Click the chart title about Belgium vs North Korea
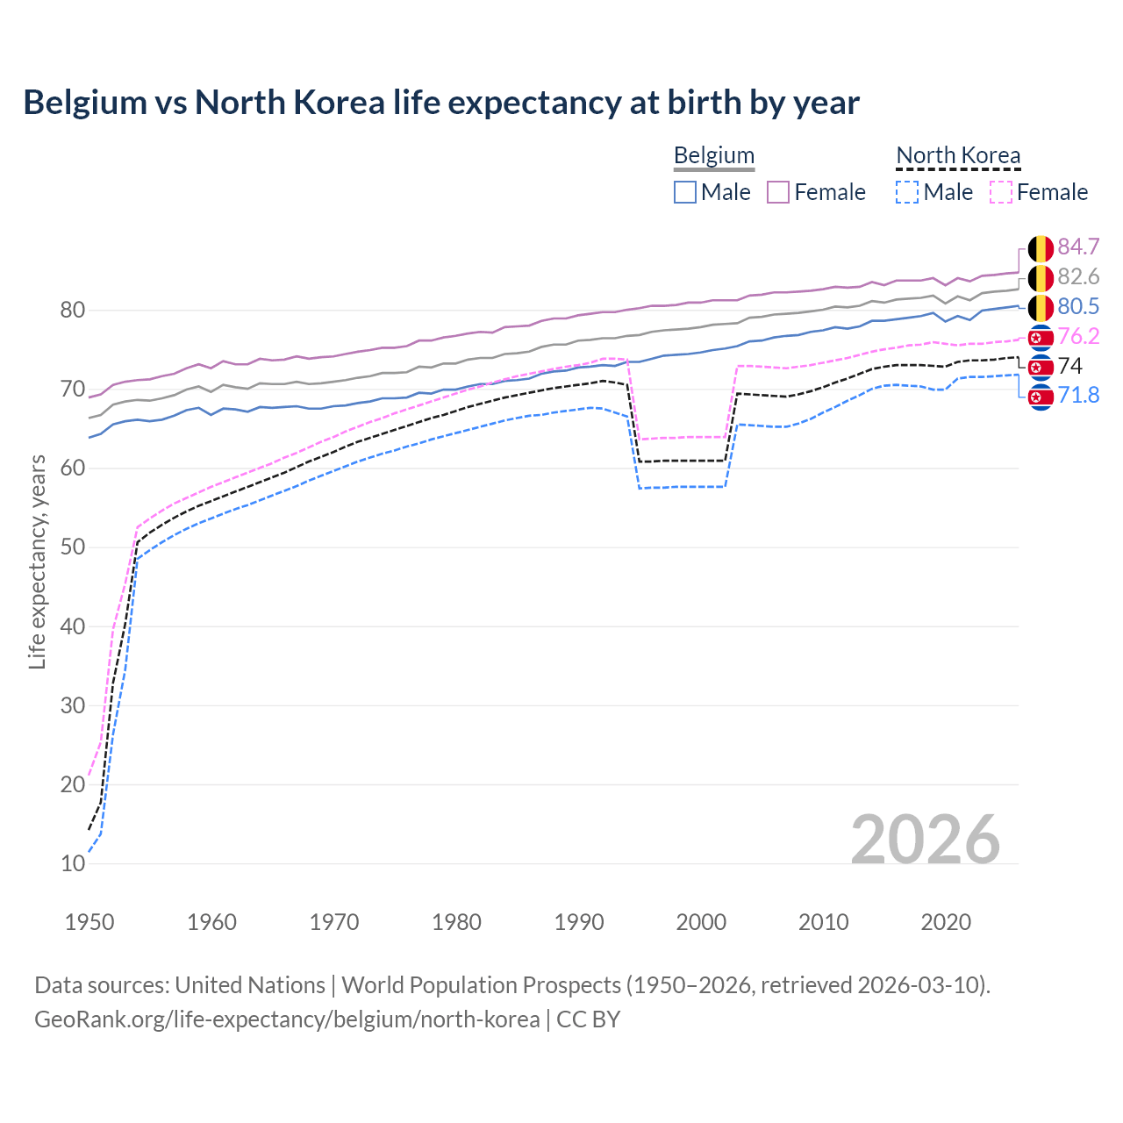[441, 103]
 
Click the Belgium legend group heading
[713, 155]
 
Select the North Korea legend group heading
[958, 155]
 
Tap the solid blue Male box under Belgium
[685, 192]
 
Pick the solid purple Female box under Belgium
[778, 192]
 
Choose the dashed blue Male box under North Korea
[907, 192]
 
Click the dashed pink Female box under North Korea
[1000, 192]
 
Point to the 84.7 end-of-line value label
[1078, 247]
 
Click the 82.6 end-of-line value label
[1078, 277]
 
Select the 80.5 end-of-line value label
[1078, 306]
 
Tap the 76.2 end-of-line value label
[1078, 336]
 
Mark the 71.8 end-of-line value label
[1078, 395]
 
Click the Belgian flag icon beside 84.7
[1041, 248]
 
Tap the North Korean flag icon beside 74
[1041, 366]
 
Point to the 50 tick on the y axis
[73, 547]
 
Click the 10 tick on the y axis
[73, 863]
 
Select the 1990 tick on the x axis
[579, 922]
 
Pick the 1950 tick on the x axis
[89, 922]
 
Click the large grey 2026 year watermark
[925, 840]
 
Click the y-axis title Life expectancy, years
[37, 561]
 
